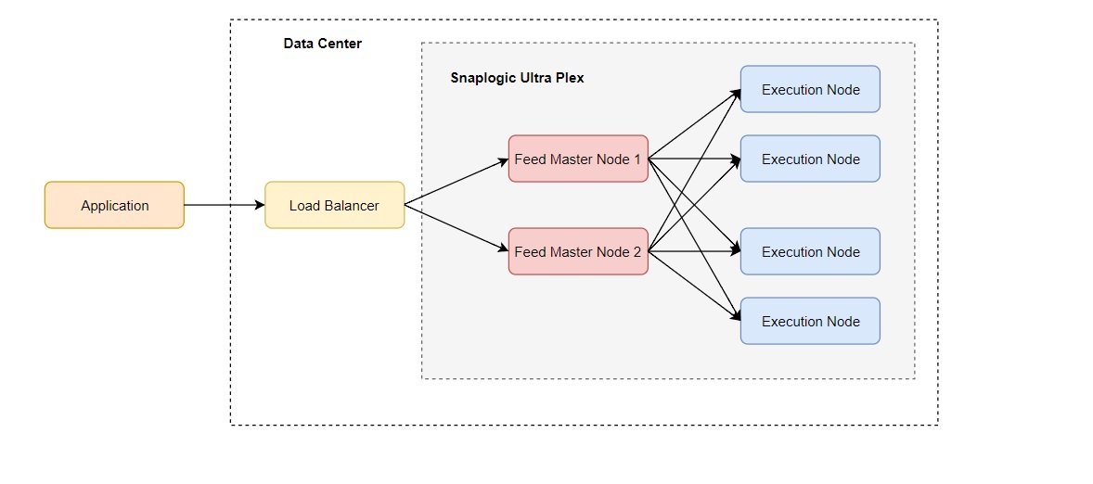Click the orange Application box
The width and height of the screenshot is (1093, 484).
pos(114,205)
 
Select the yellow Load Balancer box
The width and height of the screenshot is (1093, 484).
pos(334,205)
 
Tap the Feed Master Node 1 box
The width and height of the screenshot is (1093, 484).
pos(578,159)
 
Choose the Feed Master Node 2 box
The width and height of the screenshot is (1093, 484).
pos(578,251)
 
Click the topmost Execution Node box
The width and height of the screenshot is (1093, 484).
pos(810,89)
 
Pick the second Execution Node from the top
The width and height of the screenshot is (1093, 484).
pos(810,159)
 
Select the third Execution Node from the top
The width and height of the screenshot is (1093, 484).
pos(810,251)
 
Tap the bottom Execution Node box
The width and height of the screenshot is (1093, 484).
pos(810,321)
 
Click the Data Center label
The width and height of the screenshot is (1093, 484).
pos(323,44)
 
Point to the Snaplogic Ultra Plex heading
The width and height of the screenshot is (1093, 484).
pos(517,78)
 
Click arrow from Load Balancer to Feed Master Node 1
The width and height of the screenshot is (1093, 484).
pos(456,182)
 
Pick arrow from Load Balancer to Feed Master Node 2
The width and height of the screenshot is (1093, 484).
pos(456,228)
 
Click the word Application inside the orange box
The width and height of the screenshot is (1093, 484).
pos(114,206)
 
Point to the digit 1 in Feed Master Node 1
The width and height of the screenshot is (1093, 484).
pos(637,159)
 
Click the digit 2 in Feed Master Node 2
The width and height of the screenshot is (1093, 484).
pos(637,252)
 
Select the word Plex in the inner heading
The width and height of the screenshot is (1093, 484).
pos(570,78)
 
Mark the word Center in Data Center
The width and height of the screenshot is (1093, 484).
pos(340,44)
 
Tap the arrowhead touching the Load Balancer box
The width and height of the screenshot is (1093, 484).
pos(260,205)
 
